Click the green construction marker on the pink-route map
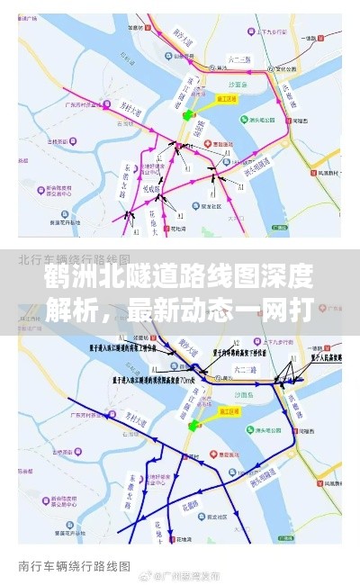(188, 115)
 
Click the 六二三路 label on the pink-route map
(239, 60)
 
